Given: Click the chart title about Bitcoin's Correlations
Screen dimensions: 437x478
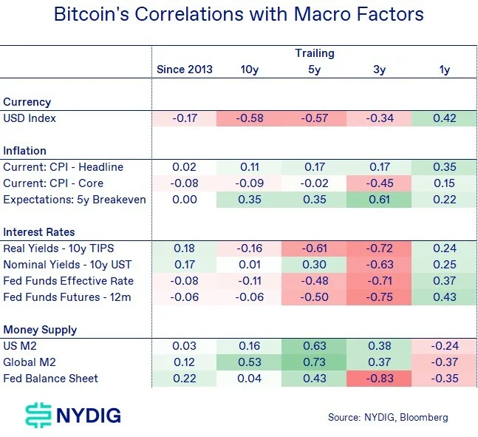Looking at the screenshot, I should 239,15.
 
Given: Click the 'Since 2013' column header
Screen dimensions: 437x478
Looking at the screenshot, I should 184,70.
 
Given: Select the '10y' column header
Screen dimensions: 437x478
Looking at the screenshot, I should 249,70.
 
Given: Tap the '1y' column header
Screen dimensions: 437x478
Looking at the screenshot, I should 444,70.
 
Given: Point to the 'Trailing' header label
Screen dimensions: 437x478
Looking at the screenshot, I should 314,53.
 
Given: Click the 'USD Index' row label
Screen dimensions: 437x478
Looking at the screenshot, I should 30,118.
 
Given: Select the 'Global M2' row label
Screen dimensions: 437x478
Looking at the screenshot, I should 29,362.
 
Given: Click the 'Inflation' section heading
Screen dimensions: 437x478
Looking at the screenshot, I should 24,151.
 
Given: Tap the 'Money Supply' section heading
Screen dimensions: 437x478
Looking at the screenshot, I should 40,330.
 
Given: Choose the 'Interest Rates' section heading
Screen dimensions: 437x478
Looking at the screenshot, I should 38,232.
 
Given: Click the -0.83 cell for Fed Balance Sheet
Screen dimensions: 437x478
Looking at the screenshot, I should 379,379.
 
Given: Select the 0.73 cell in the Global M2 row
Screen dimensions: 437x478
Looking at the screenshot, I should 314,362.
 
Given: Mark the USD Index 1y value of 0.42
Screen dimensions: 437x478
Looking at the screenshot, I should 444,118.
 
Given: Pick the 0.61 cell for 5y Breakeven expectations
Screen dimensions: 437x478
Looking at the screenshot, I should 379,200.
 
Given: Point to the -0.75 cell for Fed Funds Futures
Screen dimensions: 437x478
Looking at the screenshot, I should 379,297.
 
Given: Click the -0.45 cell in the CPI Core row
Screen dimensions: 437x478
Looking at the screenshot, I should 379,183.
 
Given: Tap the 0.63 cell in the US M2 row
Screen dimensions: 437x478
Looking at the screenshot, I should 314,346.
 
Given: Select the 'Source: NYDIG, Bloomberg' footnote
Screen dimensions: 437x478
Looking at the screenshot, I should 388,418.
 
